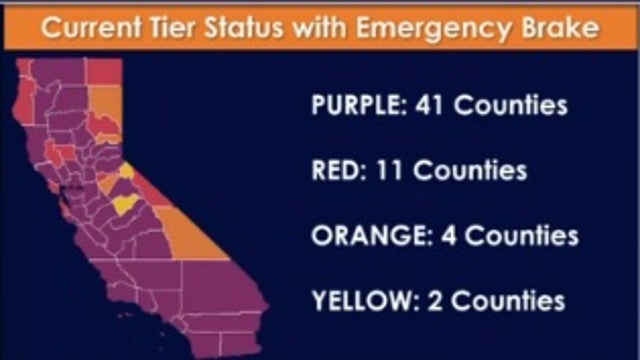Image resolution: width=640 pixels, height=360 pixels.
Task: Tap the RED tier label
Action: (x=338, y=171)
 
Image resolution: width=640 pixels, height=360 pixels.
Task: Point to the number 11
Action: (x=391, y=171)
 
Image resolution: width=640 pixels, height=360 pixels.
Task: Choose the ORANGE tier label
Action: (x=366, y=236)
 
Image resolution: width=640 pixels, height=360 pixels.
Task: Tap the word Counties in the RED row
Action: (x=470, y=171)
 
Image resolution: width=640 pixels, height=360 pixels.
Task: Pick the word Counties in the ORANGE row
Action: (x=523, y=236)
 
